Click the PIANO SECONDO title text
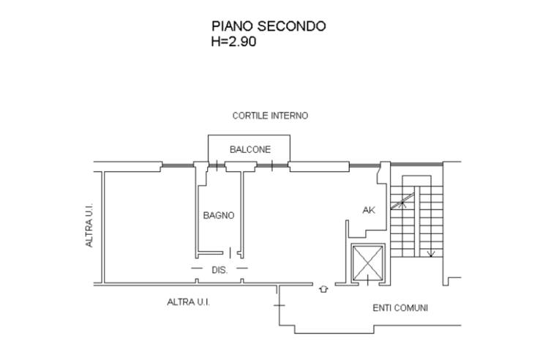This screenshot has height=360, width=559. click(269, 26)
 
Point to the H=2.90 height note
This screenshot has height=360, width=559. click(233, 42)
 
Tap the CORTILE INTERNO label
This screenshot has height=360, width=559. click(270, 116)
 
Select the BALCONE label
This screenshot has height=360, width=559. click(250, 149)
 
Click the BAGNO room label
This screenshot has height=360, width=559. click(219, 215)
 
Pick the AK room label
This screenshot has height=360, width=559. click(369, 210)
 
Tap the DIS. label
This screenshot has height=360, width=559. click(220, 270)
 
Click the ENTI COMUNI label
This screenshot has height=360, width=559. click(400, 307)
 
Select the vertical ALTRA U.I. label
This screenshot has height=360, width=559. click(89, 225)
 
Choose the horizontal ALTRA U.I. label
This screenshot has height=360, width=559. click(188, 302)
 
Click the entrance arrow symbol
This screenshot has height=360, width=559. click(323, 289)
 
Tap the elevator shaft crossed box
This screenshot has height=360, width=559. click(368, 263)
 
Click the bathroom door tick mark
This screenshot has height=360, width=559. click(230, 252)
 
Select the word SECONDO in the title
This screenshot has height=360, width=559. click(292, 26)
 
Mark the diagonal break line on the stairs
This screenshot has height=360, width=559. click(402, 201)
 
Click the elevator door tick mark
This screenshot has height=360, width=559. click(367, 280)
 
